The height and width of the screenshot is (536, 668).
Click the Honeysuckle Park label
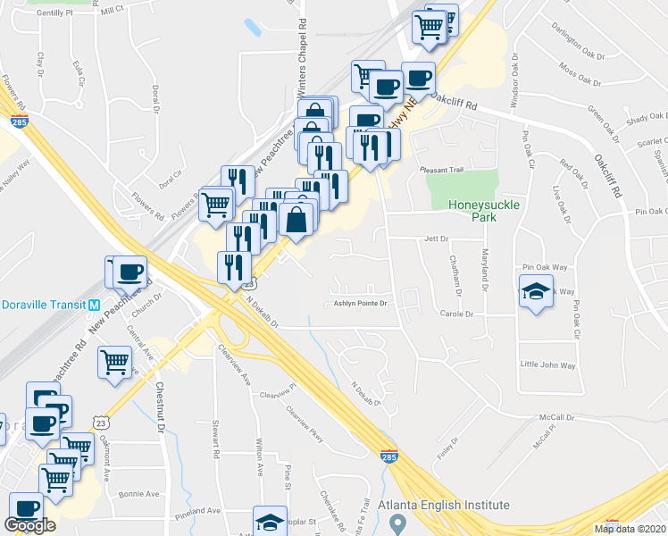click(483, 211)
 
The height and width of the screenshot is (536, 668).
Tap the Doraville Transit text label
click(41, 304)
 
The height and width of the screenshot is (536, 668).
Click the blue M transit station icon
click(94, 305)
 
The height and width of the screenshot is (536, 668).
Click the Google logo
click(30, 525)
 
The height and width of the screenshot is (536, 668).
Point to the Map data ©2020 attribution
click(630, 529)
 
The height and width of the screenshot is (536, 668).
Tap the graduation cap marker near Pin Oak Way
click(536, 292)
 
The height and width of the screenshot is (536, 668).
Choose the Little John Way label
click(547, 364)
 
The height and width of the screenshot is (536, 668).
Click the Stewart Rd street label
click(215, 440)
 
